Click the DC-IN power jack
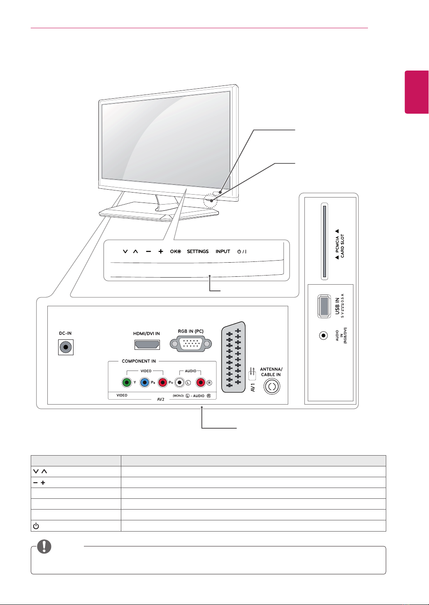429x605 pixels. click(x=66, y=347)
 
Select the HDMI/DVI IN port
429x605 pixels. click(x=147, y=345)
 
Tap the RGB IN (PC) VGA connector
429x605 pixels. click(x=191, y=344)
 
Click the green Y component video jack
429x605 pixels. click(x=127, y=383)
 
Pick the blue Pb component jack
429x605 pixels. click(x=145, y=383)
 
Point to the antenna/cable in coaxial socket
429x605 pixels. click(x=272, y=386)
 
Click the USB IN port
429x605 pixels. click(x=324, y=306)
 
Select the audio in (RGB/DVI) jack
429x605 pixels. click(x=323, y=336)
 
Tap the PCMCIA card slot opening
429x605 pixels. click(x=324, y=242)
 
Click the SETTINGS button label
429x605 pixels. click(x=198, y=251)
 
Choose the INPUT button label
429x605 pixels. click(x=223, y=251)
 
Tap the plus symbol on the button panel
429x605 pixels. click(x=161, y=251)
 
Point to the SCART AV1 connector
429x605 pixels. click(x=233, y=357)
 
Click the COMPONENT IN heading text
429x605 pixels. click(x=139, y=361)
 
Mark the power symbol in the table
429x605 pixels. click(x=36, y=526)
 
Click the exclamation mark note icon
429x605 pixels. click(x=44, y=546)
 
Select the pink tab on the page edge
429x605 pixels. click(x=417, y=92)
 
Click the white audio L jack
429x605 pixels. click(x=179, y=383)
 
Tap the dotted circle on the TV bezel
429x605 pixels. click(x=210, y=201)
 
